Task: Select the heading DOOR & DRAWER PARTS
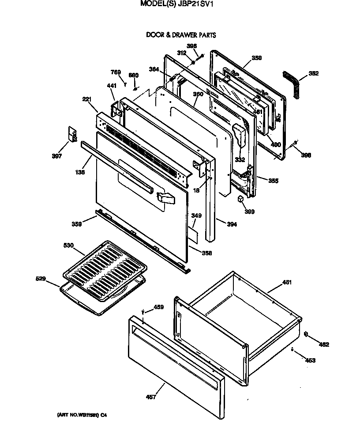[181, 35]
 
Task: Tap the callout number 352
[313, 73]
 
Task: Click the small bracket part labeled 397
[71, 134]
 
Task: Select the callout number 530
[69, 245]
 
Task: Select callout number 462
[324, 344]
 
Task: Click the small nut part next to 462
[307, 334]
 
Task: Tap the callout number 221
[87, 100]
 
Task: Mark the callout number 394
[232, 224]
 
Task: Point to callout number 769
[115, 72]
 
